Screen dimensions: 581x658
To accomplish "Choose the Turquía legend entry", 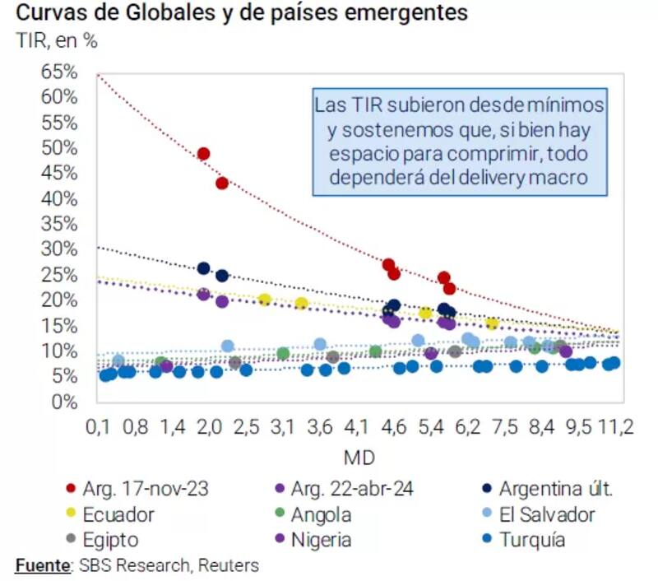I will [531, 541].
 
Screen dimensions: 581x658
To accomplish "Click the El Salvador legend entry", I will [547, 515].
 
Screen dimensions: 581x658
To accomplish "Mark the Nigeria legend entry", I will [322, 541].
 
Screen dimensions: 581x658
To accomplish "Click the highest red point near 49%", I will [203, 154].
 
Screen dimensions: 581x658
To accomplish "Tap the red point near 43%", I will [221, 183].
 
